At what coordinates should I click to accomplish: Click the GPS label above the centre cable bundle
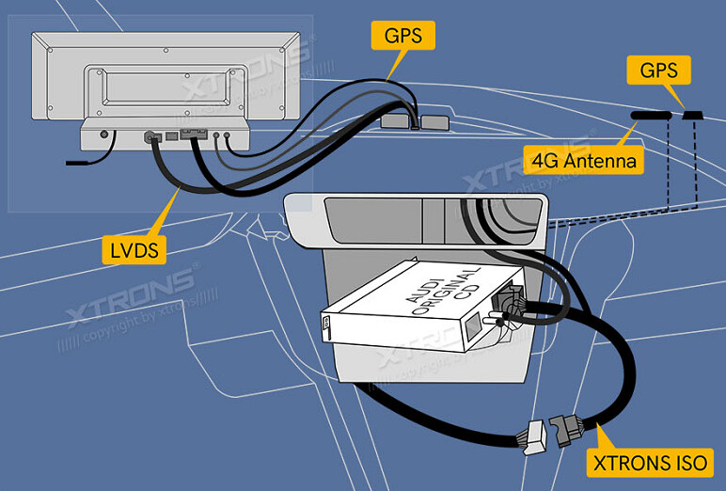coord(403,36)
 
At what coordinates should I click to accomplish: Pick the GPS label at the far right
coord(664,70)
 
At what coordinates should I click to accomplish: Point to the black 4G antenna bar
coord(651,115)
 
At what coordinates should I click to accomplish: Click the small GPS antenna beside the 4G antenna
coord(693,115)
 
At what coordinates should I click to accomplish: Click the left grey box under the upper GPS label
coord(394,121)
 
